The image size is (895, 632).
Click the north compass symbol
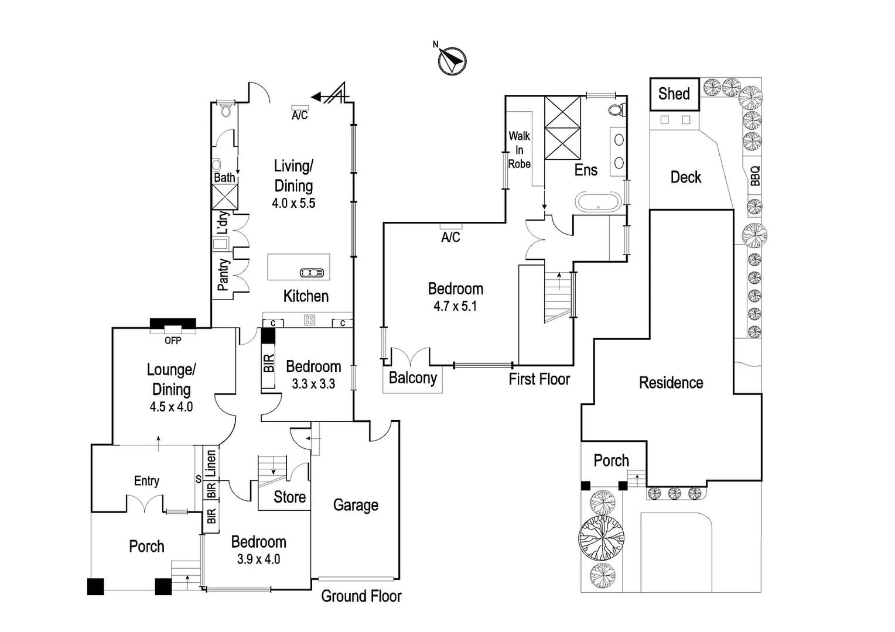coord(452,61)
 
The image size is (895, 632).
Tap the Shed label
coord(674,94)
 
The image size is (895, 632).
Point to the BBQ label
coord(755,176)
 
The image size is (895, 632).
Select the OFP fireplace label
coord(173,341)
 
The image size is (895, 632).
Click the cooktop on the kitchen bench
coord(309,320)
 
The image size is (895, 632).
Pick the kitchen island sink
coord(312,273)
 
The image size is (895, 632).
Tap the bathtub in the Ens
coord(598,202)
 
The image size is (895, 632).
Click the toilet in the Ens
coord(618,109)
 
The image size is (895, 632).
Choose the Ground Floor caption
coord(361,596)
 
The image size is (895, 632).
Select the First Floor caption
coord(539,379)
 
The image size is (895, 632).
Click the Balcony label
coord(413,377)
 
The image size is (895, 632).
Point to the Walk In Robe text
coord(520,150)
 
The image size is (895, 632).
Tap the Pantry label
coord(223,274)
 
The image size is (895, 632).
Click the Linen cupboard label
coord(210,463)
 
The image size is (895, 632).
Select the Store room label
coord(290,497)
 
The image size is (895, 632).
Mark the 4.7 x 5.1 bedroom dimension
coord(455,306)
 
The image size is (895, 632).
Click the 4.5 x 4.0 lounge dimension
coord(171,407)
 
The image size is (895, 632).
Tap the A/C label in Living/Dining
coord(300,115)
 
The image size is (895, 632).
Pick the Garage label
coord(356,506)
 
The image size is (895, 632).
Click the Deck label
coord(686,177)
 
